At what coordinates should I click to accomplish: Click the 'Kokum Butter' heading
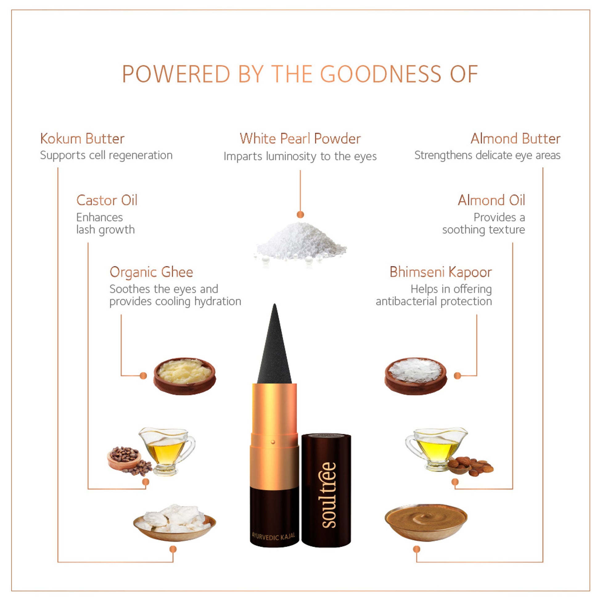(x=82, y=138)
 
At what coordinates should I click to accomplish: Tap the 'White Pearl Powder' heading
(x=300, y=138)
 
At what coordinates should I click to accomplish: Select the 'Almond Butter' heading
(x=516, y=138)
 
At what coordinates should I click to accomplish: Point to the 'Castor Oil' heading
(x=107, y=200)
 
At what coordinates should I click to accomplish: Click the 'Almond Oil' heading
(x=491, y=200)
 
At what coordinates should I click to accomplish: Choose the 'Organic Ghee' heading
(x=151, y=272)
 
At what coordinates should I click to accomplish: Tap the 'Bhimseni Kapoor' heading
(x=441, y=272)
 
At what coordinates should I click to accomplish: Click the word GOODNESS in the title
(x=381, y=74)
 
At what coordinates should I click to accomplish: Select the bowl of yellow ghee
(x=184, y=376)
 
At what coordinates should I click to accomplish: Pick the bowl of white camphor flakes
(x=416, y=376)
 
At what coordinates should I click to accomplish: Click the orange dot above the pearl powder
(x=300, y=215)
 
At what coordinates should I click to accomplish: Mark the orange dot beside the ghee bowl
(x=143, y=376)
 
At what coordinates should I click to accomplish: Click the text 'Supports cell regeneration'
(x=106, y=155)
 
